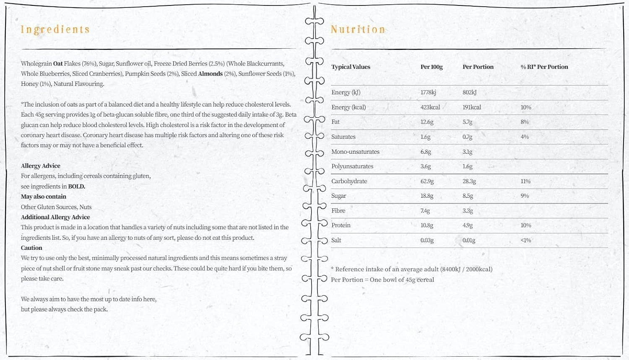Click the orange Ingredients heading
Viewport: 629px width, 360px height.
click(55, 29)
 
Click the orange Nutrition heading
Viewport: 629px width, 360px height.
click(358, 29)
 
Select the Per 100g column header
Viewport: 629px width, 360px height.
click(431, 67)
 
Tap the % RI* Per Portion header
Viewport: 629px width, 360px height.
click(544, 67)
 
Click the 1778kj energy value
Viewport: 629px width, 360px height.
click(429, 92)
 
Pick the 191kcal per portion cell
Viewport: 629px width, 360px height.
click(472, 107)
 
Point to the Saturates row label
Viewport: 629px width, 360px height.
click(343, 137)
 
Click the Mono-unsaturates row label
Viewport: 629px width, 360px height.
click(355, 152)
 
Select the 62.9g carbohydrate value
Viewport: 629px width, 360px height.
click(427, 181)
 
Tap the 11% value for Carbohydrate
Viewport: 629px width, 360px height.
click(525, 181)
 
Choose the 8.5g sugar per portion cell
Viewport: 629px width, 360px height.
click(468, 196)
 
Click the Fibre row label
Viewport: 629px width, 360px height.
click(338, 211)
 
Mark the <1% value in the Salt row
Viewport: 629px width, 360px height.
click(526, 240)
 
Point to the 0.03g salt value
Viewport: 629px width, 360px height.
click(427, 240)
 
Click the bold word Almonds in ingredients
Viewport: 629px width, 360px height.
click(210, 74)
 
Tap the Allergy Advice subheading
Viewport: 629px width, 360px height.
click(41, 166)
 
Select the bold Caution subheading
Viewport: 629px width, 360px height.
click(31, 248)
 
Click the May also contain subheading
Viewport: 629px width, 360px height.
click(44, 197)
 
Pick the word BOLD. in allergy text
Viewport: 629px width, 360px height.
click(77, 186)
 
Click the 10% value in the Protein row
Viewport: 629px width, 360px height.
click(526, 225)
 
